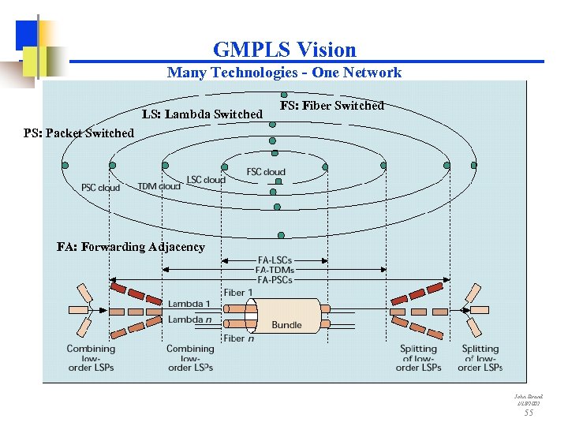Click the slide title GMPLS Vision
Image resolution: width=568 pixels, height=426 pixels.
click(x=284, y=50)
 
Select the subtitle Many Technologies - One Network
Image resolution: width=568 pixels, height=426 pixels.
click(x=284, y=73)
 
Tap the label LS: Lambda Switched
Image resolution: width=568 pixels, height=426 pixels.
click(x=202, y=114)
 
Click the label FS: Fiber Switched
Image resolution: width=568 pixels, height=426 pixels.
click(x=332, y=106)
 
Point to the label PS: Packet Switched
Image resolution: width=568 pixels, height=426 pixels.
click(x=79, y=133)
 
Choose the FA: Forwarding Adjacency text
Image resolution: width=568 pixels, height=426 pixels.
click(x=131, y=247)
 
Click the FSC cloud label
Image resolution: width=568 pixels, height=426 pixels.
click(x=266, y=172)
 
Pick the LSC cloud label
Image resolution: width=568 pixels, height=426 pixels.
click(x=206, y=180)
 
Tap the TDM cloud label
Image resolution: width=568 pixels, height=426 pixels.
click(x=159, y=186)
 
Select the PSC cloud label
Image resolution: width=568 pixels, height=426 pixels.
click(x=101, y=188)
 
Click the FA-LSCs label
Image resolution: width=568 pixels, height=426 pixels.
click(x=275, y=260)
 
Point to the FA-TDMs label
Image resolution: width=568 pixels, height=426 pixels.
click(x=275, y=270)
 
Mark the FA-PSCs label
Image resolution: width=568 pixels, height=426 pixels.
click(x=275, y=279)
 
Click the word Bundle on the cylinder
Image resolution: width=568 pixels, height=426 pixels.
click(x=286, y=325)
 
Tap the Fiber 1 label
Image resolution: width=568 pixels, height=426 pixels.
click(x=238, y=293)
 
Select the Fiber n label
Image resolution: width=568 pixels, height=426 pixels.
click(x=238, y=338)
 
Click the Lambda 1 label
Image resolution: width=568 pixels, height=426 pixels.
click(x=189, y=304)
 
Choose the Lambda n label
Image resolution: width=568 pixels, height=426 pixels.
click(x=189, y=319)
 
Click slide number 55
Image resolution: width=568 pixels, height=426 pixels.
click(x=529, y=413)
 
